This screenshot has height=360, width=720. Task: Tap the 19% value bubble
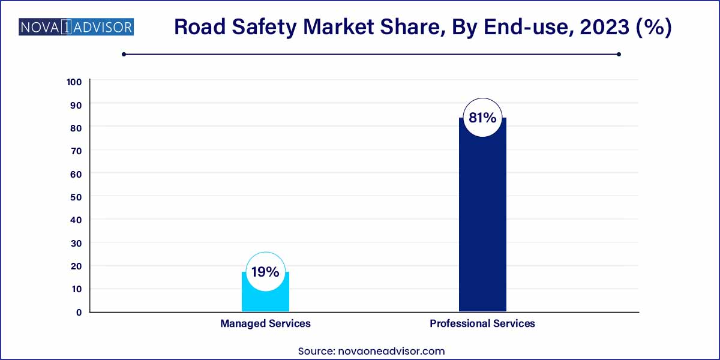(x=265, y=272)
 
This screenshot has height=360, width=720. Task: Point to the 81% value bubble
(x=482, y=118)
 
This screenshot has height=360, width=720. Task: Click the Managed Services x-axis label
(x=265, y=323)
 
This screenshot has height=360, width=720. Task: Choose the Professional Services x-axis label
(x=482, y=323)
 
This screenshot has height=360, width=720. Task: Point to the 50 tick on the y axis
(x=76, y=196)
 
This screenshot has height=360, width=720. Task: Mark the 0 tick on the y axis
(x=79, y=312)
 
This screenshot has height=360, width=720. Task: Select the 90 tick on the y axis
(x=76, y=104)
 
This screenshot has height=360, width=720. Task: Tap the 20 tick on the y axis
(x=76, y=266)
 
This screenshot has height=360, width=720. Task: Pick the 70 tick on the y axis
(x=76, y=151)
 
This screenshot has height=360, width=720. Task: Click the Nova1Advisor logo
(x=76, y=27)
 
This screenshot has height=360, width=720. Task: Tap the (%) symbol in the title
(x=655, y=28)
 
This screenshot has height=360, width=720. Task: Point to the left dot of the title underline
(x=124, y=54)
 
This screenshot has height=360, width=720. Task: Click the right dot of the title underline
(x=619, y=54)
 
